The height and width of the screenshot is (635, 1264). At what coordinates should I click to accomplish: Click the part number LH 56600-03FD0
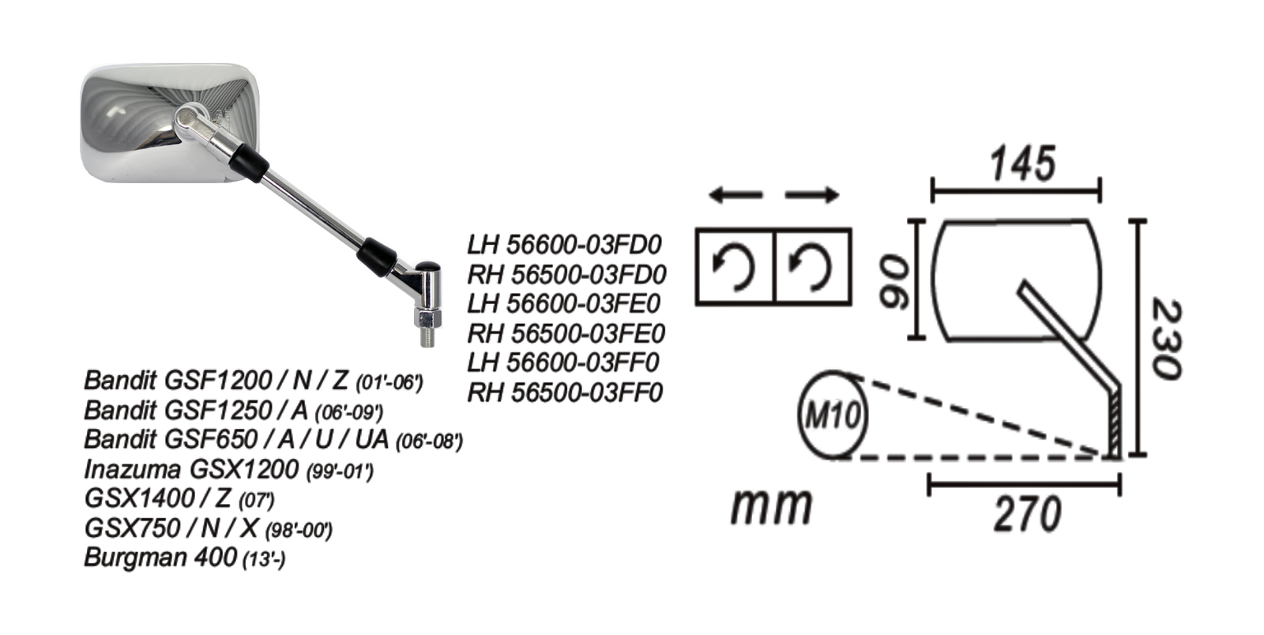click(563, 244)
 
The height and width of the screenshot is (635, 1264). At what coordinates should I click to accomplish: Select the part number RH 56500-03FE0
click(566, 333)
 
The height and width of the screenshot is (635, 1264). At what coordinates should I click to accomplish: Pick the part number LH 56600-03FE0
click(563, 303)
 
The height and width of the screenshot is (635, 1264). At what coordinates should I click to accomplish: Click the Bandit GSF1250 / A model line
click(233, 410)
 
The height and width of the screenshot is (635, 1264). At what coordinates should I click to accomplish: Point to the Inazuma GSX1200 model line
click(228, 469)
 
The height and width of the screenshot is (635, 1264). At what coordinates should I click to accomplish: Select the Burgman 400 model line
click(184, 558)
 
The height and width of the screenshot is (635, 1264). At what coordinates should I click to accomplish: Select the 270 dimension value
click(1027, 515)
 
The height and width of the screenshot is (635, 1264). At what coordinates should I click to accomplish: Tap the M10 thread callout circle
click(833, 414)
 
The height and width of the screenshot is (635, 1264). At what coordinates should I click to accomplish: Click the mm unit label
click(770, 505)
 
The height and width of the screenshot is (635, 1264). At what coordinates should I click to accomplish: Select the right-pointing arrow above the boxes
click(811, 195)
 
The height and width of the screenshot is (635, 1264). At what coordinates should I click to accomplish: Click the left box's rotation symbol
click(734, 266)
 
